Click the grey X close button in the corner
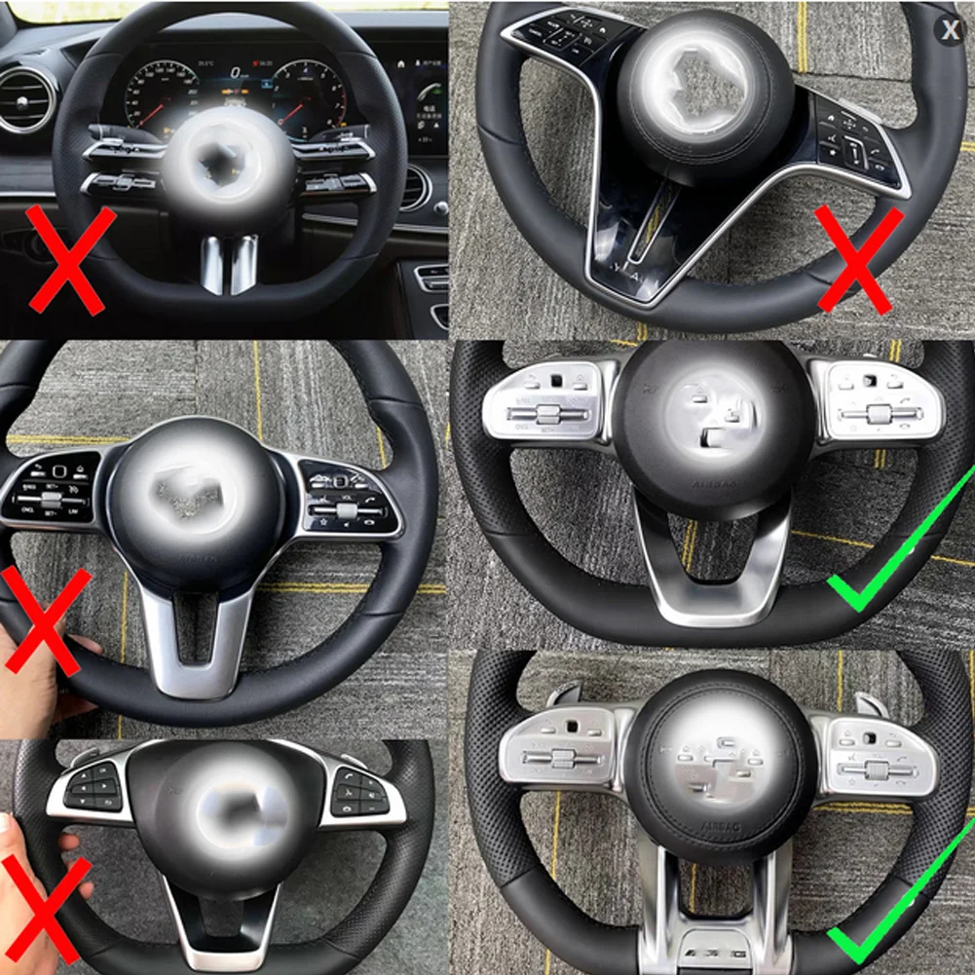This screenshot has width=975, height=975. [x=950, y=30]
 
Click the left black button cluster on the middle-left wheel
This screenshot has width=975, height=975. [x=55, y=487]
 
